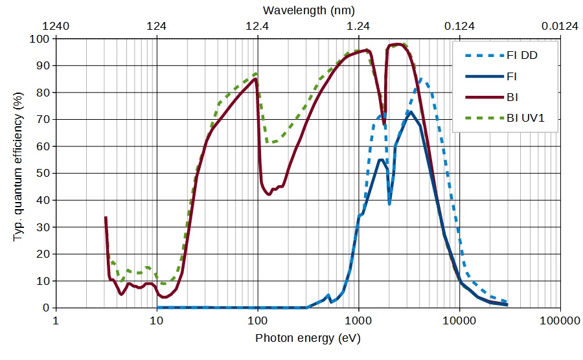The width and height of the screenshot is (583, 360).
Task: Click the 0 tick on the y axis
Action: [45, 308]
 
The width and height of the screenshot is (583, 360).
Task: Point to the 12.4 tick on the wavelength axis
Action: [258, 27]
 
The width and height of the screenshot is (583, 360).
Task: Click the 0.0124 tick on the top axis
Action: [560, 27]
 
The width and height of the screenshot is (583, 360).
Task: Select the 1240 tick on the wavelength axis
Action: [56, 27]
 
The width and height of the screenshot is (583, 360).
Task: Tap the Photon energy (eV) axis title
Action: [308, 338]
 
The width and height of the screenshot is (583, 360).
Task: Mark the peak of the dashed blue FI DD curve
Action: [421, 80]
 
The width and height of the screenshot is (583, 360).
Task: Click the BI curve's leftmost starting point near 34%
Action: [106, 218]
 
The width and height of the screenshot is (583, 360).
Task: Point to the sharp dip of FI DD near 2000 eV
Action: [389, 203]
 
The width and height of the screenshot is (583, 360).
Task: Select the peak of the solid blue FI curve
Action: [410, 112]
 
